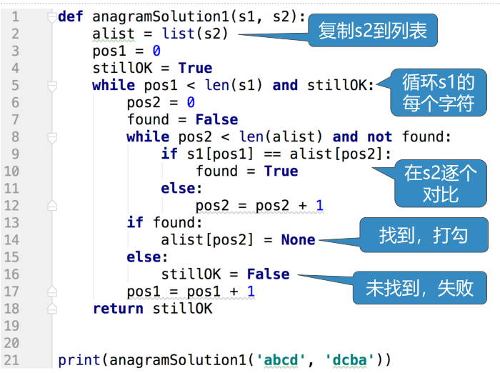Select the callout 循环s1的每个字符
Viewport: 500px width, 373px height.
[438, 93]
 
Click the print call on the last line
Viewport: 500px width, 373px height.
[79, 360]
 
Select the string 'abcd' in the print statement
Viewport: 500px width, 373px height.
[281, 360]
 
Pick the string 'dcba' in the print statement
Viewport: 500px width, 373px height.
[349, 360]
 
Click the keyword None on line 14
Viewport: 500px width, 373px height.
[298, 240]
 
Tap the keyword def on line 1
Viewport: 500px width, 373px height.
[70, 16]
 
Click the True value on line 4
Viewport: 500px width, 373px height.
[195, 68]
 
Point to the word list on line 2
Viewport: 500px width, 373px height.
[178, 34]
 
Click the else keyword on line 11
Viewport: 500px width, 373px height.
[180, 189]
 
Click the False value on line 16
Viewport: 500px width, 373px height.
[268, 274]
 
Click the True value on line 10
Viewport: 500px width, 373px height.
[281, 171]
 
